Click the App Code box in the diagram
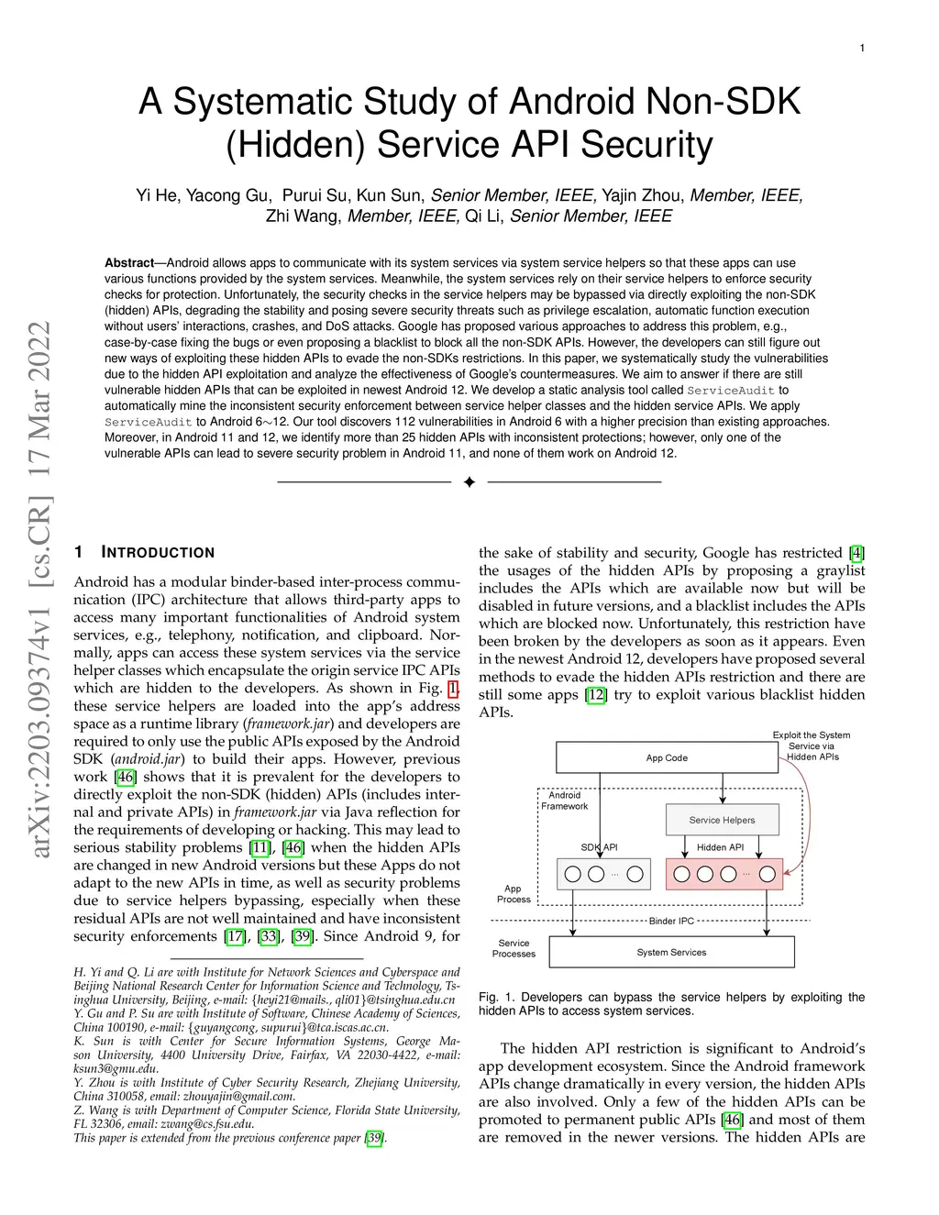(667, 757)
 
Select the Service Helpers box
(722, 820)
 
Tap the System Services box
(671, 952)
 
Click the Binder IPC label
(671, 921)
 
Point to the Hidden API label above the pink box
(720, 847)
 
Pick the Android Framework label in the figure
(564, 801)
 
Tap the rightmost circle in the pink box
(768, 874)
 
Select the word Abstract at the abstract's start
(128, 263)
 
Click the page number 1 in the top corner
(862, 48)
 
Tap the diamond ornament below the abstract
(469, 482)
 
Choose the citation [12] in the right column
(596, 694)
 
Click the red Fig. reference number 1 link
(453, 689)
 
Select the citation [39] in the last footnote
(374, 1138)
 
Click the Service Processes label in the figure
(514, 948)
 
